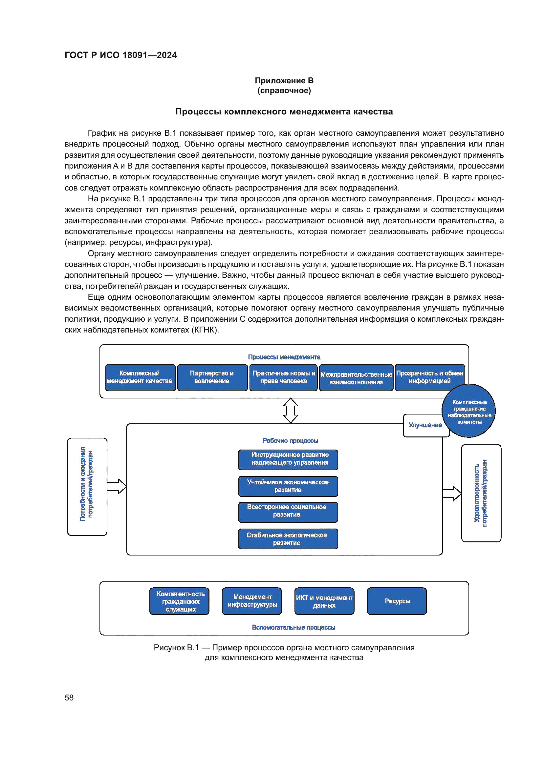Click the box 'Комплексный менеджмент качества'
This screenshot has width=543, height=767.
point(140,377)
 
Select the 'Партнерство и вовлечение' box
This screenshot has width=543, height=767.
point(212,377)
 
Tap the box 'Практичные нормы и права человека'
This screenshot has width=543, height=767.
point(284,377)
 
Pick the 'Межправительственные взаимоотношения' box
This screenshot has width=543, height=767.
point(356,378)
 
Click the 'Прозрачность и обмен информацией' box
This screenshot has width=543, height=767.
point(430,377)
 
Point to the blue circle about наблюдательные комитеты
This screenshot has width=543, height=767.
point(469,411)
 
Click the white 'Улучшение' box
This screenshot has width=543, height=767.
point(425,426)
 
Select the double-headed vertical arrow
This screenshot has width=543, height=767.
point(291,411)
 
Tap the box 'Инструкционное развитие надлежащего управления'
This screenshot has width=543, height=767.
point(288,459)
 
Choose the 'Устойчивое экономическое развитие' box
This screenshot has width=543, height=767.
point(288,486)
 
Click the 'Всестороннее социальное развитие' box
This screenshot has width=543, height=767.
point(288,512)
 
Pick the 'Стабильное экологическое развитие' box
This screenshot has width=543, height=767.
point(288,538)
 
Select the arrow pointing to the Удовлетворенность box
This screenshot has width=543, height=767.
point(452,494)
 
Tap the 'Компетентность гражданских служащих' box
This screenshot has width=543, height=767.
point(180,601)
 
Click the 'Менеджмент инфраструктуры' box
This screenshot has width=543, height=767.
point(252,601)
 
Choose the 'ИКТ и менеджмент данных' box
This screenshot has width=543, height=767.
point(324,601)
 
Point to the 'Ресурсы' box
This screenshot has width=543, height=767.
point(397,601)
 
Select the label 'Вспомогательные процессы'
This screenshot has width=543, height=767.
point(293,627)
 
